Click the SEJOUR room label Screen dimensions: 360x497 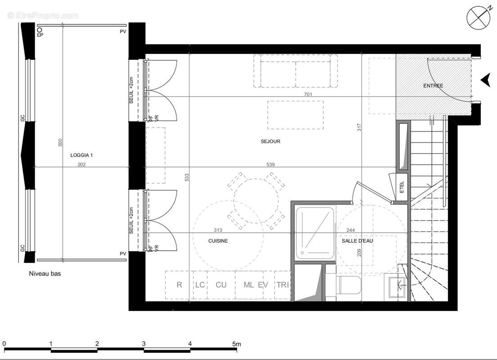point(271,141)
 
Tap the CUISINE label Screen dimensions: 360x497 point(218,241)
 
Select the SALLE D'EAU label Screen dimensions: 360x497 point(357,241)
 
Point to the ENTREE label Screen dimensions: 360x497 point(433,85)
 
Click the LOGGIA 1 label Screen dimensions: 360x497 point(81,155)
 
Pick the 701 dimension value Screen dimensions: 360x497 point(308,94)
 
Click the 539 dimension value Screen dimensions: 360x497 point(271,165)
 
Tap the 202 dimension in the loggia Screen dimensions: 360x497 point(81,165)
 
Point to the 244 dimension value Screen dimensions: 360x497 point(351,230)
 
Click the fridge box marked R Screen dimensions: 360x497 point(179,285)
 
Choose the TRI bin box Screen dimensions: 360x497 point(283,285)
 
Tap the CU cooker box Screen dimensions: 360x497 point(221,285)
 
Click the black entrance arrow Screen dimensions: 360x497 point(485,80)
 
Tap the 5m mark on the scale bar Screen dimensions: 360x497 point(236,344)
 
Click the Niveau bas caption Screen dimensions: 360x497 point(45,274)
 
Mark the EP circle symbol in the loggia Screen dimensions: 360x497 point(40,30)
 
